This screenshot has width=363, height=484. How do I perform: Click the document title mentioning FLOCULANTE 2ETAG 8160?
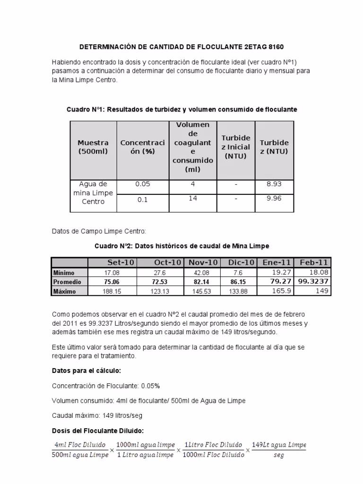(181, 48)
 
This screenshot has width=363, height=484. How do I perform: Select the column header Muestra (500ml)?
(93, 147)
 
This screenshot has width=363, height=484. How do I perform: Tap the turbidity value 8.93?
(274, 184)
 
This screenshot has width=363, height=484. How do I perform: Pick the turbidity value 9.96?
(274, 199)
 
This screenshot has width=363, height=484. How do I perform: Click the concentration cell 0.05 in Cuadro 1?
(142, 184)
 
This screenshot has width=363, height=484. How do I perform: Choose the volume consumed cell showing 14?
(193, 199)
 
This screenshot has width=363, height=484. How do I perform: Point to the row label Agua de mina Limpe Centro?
(93, 193)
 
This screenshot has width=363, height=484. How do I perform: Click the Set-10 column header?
(120, 262)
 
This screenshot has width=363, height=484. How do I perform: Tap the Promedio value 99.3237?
(313, 281)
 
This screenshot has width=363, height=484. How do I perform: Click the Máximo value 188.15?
(112, 292)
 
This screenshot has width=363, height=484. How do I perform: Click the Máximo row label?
(65, 292)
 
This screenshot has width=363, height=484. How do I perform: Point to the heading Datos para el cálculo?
(89, 371)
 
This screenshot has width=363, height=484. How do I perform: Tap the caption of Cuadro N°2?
(181, 246)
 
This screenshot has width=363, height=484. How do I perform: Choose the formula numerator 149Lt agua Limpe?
(279, 445)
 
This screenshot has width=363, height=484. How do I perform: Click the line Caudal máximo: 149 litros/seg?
(97, 415)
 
